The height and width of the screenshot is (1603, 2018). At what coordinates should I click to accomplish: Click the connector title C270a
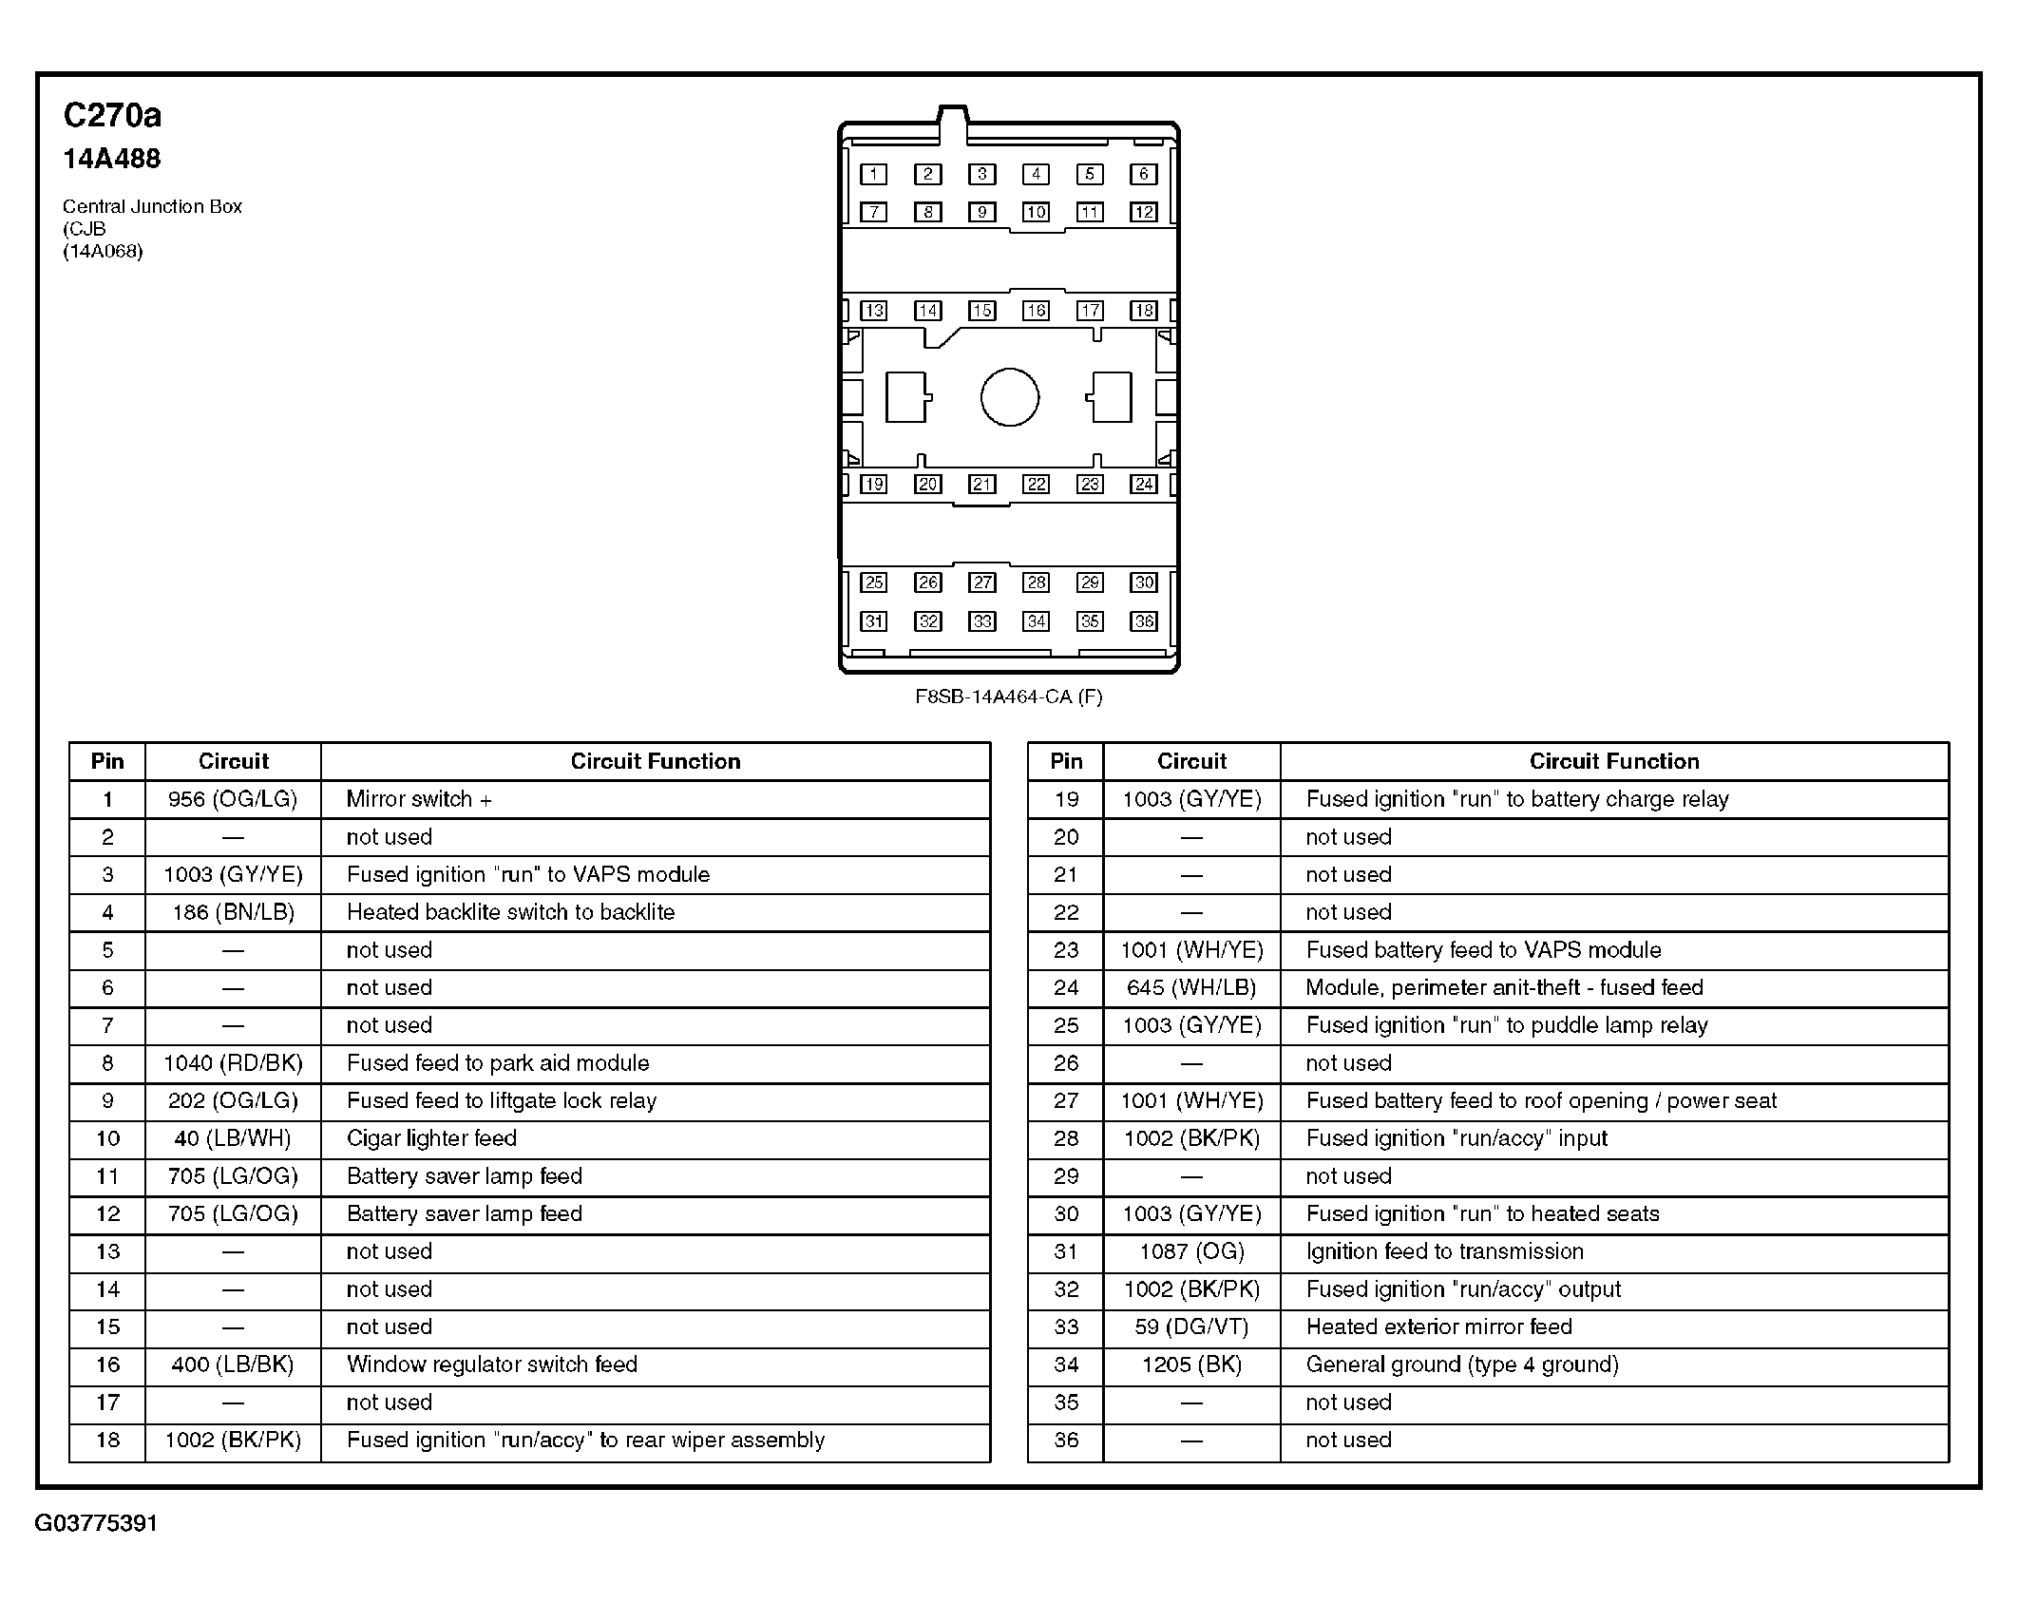point(112,116)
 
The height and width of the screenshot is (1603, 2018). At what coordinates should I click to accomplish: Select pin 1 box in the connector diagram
point(873,174)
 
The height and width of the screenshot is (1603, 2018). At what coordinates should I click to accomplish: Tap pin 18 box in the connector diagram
point(1144,311)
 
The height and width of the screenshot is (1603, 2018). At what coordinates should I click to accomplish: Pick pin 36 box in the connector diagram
point(1144,621)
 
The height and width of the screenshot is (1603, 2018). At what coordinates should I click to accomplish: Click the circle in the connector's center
point(1009,397)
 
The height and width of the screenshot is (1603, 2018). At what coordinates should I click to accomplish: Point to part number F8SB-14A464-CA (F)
point(1008,697)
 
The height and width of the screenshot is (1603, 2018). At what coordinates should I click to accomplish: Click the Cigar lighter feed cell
point(431,1138)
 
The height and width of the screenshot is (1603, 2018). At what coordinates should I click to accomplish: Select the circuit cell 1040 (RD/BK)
point(233,1063)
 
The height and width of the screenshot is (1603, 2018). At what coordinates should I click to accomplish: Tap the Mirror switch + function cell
point(419,799)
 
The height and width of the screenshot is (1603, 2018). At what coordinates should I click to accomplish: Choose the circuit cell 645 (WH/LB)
point(1191,987)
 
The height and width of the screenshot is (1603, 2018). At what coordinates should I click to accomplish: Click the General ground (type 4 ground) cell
point(1462,1364)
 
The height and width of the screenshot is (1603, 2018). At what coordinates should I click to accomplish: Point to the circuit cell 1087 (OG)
point(1191,1251)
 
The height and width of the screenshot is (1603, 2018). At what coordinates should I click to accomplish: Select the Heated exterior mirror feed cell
point(1438,1326)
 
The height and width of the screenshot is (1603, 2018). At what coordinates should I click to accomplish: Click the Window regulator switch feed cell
point(492,1364)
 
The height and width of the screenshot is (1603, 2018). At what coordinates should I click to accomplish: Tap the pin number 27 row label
point(1066,1100)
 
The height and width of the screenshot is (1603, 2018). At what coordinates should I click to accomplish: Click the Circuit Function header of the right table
point(1613,761)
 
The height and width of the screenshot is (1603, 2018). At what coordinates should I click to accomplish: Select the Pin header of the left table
point(107,761)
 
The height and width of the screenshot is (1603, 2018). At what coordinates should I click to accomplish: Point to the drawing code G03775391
point(96,1523)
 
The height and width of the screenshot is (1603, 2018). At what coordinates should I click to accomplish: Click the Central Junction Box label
point(152,206)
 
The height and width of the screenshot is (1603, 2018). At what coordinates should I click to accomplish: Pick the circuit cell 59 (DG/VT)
point(1191,1326)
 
